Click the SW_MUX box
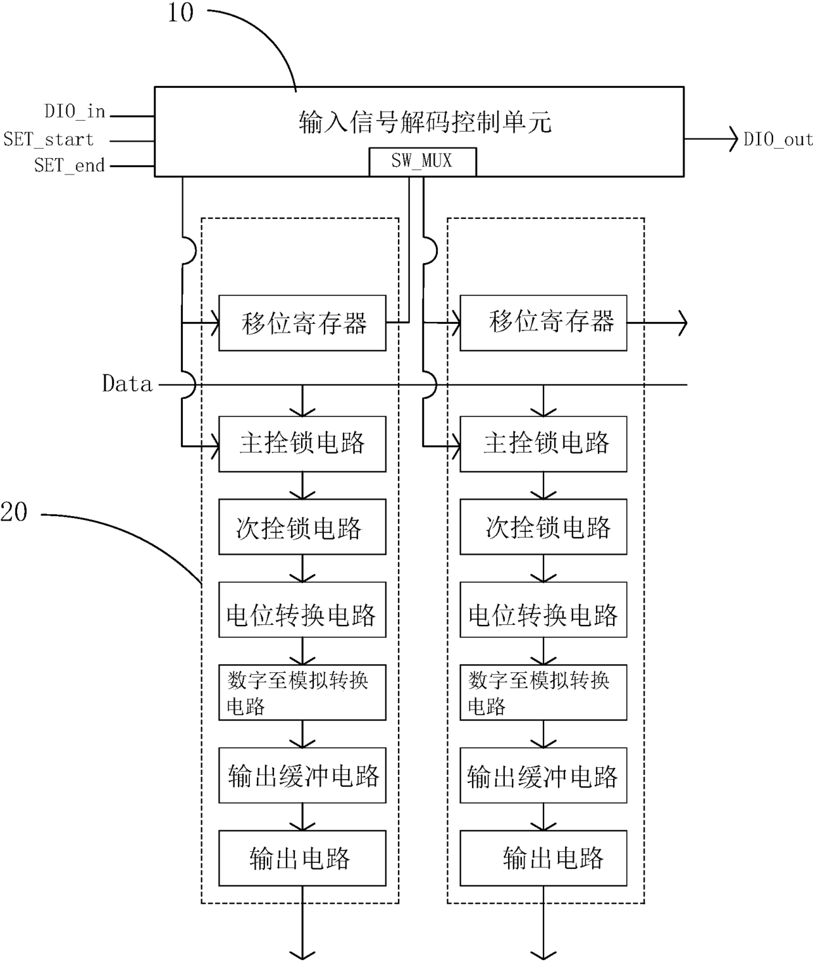[422, 162]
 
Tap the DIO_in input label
[75, 111]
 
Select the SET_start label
[49, 139]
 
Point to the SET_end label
[69, 165]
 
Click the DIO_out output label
[778, 139]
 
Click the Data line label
[127, 384]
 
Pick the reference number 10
[180, 12]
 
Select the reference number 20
[14, 512]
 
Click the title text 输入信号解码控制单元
[425, 122]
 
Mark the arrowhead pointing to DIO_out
[734, 138]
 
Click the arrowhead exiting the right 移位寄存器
[683, 323]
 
